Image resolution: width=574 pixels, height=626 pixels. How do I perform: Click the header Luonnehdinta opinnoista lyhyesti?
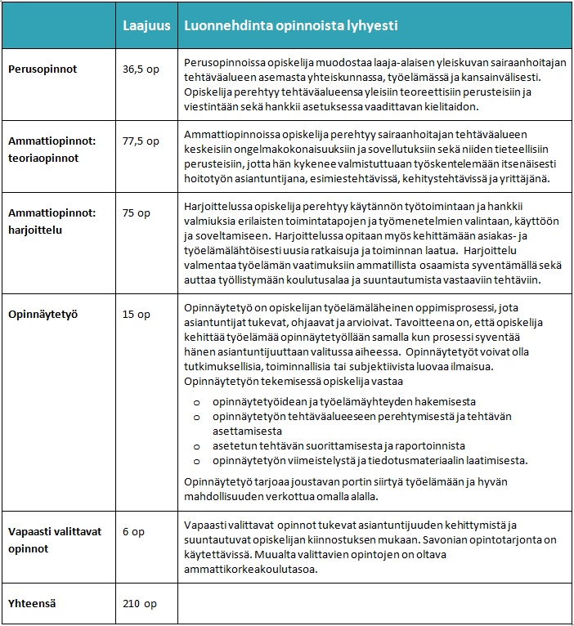291,25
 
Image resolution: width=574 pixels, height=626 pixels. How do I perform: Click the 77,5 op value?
141,141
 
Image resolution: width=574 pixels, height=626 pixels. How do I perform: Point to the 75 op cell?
137,212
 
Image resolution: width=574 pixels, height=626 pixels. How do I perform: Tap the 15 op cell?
137,313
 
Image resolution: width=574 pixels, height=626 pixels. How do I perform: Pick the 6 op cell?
134,532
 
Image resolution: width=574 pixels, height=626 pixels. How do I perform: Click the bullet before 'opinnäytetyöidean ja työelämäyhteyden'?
196,402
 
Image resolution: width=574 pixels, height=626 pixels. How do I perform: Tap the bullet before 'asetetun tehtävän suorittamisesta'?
196,446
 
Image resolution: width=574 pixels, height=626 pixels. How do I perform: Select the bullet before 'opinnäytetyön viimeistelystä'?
196,461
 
